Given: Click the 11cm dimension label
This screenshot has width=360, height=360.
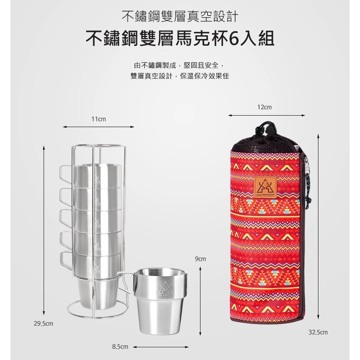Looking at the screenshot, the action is [99, 119].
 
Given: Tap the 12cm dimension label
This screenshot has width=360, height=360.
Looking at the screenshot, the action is [264, 107].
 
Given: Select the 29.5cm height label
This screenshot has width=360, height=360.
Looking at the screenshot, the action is [43, 323].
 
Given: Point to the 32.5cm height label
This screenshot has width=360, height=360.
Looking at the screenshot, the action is [318, 332].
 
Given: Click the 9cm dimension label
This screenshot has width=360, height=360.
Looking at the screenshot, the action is [200, 259].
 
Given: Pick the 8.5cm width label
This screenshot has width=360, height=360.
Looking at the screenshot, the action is [120, 347].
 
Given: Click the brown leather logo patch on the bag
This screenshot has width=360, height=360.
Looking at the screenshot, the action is [265, 187].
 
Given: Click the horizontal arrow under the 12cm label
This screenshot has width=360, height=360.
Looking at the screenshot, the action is [267, 115].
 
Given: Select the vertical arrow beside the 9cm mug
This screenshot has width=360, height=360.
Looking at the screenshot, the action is [200, 301].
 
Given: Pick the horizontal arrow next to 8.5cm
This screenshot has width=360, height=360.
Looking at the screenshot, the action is [161, 347].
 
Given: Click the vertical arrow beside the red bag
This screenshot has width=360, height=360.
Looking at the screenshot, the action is [318, 227].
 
